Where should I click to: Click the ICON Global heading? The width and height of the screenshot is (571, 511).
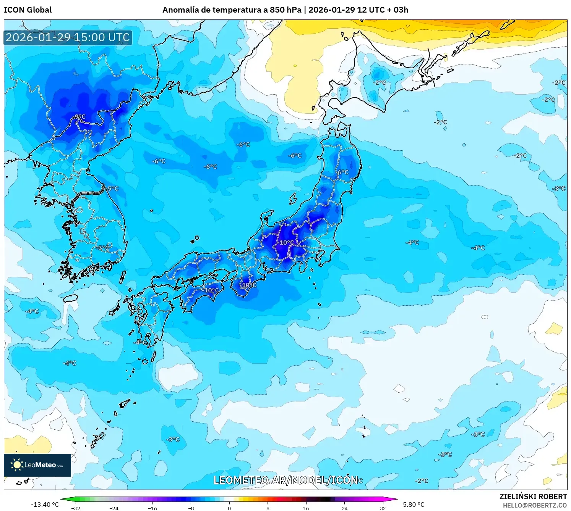[x=28, y=10]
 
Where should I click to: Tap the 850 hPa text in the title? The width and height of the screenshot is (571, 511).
[x=285, y=10]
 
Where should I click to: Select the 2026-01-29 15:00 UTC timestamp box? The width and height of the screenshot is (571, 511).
[x=68, y=37]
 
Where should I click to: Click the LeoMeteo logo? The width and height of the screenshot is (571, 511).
[x=37, y=465]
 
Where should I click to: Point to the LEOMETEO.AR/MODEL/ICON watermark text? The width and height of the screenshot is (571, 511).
[x=285, y=480]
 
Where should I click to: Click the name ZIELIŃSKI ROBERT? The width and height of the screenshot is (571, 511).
[x=533, y=496]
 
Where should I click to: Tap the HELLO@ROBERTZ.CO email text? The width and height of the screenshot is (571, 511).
[x=534, y=505]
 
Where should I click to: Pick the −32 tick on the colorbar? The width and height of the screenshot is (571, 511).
[x=76, y=508]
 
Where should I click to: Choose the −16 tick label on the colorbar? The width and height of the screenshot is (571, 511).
[x=152, y=508]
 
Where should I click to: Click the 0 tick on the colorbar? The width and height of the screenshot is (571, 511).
[x=229, y=508]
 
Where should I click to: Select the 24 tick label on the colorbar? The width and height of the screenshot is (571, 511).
[x=344, y=508]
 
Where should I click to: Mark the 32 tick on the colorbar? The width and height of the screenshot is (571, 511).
[x=383, y=508]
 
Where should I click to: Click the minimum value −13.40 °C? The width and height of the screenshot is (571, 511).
[x=45, y=505]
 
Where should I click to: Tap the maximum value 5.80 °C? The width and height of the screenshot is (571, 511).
[x=414, y=505]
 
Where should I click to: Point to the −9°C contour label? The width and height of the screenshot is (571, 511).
[x=79, y=117]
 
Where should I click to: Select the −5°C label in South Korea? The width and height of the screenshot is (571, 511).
[x=102, y=248]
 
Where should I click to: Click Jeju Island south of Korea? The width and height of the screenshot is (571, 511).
[x=71, y=298]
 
